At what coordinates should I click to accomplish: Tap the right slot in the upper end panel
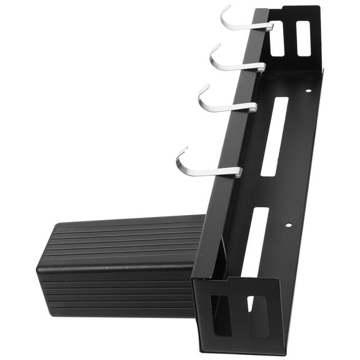click(302, 38)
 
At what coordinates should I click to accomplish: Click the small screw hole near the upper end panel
click(307, 91)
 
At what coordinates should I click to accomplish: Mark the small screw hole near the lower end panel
click(288, 224)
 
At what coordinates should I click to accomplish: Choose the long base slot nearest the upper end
click(275, 136)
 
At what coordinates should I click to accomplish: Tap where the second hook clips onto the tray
click(260, 66)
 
